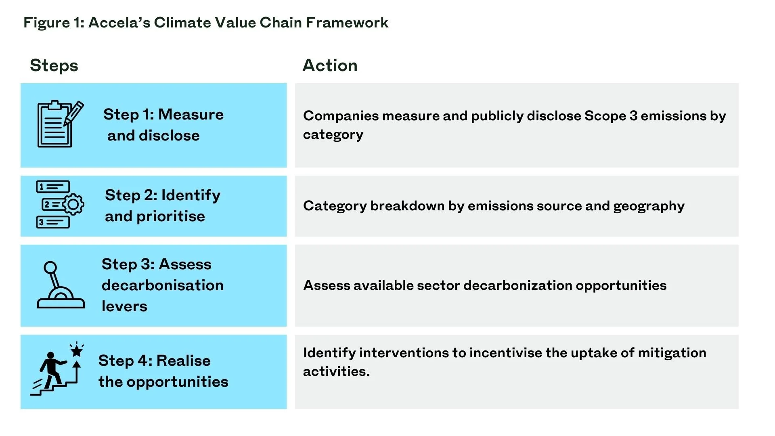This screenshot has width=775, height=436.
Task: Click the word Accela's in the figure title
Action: click(x=119, y=23)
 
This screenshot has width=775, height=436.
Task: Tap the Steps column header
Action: click(x=54, y=65)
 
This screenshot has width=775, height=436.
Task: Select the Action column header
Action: click(x=330, y=65)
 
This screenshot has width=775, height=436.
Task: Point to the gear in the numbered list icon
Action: click(x=73, y=204)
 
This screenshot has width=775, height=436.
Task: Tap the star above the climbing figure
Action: click(x=77, y=350)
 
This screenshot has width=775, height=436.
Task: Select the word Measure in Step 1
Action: click(x=191, y=115)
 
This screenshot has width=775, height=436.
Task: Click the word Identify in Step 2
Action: click(x=191, y=195)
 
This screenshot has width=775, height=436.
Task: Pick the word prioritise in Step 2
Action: click(x=171, y=217)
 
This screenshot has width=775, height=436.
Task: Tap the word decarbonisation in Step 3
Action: click(x=162, y=285)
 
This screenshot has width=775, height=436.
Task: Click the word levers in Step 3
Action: click(x=124, y=306)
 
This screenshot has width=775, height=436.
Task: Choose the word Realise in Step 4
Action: click(x=183, y=361)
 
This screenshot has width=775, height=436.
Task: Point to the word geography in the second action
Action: click(x=649, y=206)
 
